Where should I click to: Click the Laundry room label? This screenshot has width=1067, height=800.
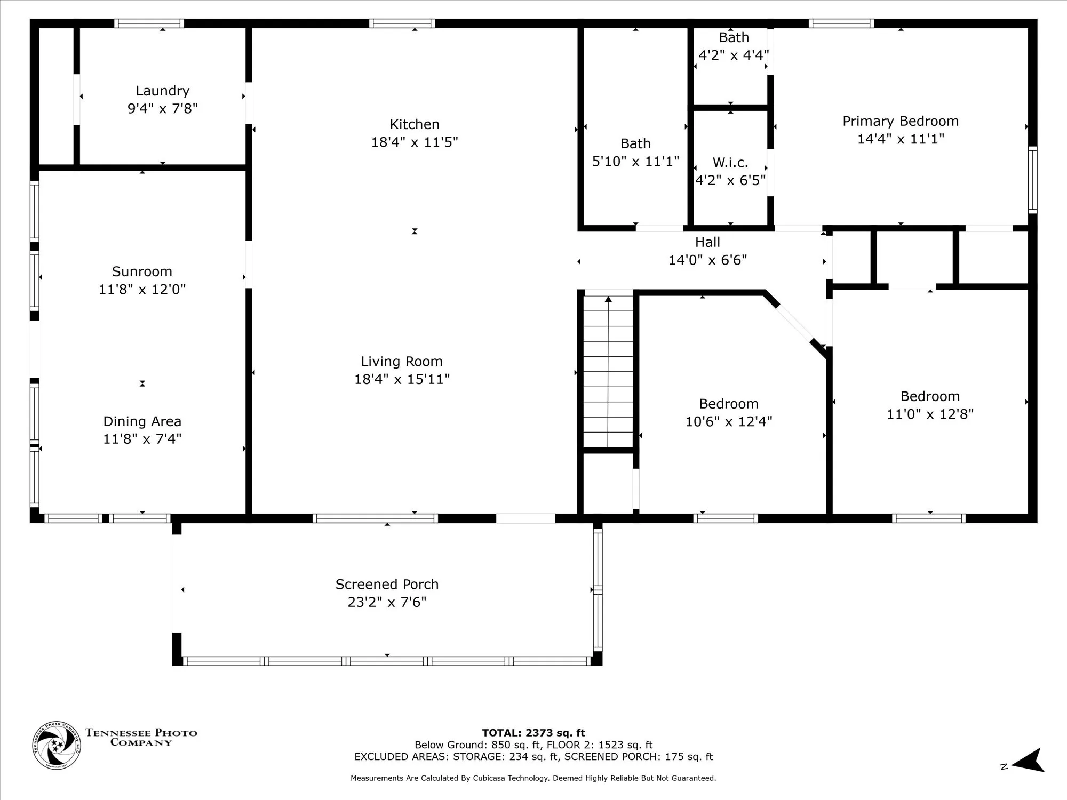[x=162, y=91]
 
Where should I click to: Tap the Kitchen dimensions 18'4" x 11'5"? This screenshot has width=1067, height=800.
[x=415, y=142]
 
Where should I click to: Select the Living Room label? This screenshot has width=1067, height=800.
[x=402, y=362]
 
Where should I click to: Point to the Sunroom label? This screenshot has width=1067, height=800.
[x=142, y=271]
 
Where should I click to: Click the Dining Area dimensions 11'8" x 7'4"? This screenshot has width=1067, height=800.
[x=142, y=439]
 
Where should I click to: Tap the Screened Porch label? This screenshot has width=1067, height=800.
[x=387, y=585]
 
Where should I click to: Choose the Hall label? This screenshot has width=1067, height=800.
[x=707, y=242]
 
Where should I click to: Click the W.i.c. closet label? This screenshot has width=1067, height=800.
[x=730, y=163]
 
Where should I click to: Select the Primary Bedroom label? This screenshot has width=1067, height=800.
[x=901, y=122]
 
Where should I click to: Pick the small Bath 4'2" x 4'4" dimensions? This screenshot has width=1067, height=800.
[x=734, y=55]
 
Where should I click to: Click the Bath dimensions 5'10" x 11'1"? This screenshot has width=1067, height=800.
[x=635, y=161]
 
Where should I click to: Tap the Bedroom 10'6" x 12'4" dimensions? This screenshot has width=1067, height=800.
[x=729, y=421]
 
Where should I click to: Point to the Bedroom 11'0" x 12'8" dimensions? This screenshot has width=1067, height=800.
[x=930, y=414]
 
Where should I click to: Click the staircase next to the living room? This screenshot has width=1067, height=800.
[x=608, y=371]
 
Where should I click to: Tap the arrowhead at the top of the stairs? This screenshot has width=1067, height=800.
[x=608, y=299]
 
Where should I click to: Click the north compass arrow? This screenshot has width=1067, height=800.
[x=1028, y=761]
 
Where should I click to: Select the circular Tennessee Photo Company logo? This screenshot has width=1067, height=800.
[x=57, y=746]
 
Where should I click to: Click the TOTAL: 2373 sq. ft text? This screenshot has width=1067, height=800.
[x=533, y=733]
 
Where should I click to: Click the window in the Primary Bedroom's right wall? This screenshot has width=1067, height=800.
[x=1033, y=180]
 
